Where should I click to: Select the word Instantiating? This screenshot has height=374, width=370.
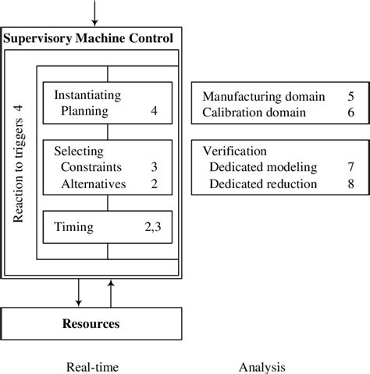point(87,95)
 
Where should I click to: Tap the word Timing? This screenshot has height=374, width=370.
point(74,227)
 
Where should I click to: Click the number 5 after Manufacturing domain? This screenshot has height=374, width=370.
point(351,98)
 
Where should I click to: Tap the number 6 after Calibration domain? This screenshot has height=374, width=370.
point(351,113)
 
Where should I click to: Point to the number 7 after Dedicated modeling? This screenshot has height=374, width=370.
point(351,167)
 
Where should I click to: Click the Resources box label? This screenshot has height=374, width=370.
point(92,322)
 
